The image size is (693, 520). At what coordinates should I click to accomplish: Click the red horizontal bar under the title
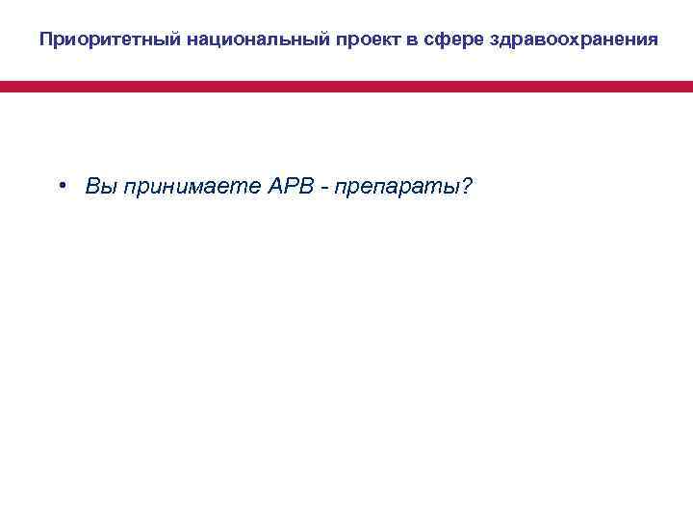(346, 87)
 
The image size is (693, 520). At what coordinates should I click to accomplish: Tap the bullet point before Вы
(61, 186)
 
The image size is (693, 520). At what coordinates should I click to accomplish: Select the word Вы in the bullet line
(98, 186)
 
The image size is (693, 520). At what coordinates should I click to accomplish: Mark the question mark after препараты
(467, 186)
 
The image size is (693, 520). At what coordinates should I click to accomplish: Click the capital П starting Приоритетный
(46, 40)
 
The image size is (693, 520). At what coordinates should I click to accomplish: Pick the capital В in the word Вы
(91, 186)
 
